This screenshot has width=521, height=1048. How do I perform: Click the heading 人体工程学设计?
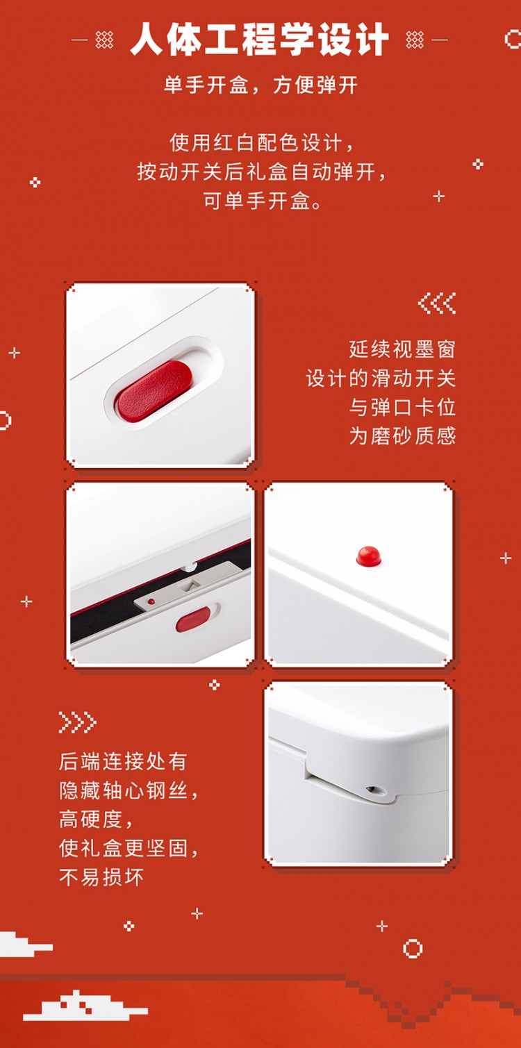[x=259, y=40]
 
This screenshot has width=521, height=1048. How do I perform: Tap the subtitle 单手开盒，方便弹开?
[x=260, y=85]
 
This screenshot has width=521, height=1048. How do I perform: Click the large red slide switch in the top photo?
[x=154, y=390]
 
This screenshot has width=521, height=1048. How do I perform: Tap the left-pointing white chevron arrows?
[x=437, y=303]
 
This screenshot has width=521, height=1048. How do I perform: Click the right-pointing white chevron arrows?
[x=77, y=722]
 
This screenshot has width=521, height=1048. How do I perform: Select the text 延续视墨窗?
[x=402, y=349]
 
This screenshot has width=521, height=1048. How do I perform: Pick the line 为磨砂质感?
[x=402, y=435]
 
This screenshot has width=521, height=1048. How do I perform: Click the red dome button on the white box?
[x=369, y=556]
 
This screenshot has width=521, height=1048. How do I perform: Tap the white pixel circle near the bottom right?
[x=413, y=948]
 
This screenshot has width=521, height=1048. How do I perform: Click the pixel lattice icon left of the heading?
[x=104, y=40]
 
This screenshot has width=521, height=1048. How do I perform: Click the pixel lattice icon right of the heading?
[x=415, y=40]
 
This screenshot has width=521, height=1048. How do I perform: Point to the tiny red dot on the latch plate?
[x=151, y=601]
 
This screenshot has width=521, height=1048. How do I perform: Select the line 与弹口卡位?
[x=402, y=407]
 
